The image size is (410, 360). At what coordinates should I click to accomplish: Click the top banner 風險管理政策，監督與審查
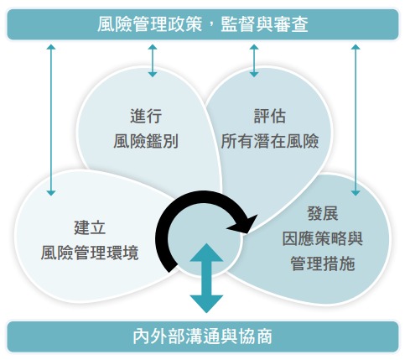pyautogui.click(x=205, y=24)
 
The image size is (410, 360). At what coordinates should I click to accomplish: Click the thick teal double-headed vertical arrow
pyautogui.click(x=206, y=278)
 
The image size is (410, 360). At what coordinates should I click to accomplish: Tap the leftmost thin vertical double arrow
pyautogui.click(x=52, y=117)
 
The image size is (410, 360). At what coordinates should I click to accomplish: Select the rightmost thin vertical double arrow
pyautogui.click(x=356, y=117)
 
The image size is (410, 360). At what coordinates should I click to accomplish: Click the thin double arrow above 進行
pyautogui.click(x=152, y=60)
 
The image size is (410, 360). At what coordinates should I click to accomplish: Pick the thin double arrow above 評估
pyautogui.click(x=254, y=60)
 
